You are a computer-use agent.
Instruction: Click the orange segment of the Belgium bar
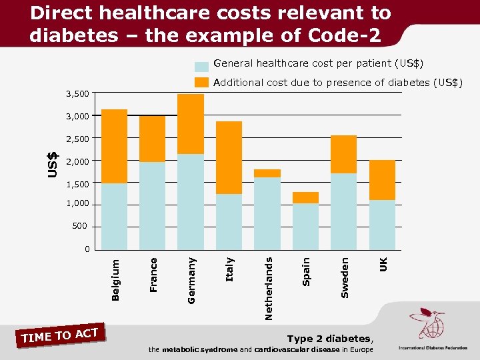click(x=115, y=146)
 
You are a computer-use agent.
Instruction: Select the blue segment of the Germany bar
click(x=191, y=201)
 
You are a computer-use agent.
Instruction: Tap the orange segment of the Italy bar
click(x=229, y=157)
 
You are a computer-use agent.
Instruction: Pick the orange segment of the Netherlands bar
click(x=267, y=173)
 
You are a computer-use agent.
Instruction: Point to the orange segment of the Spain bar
click(x=305, y=197)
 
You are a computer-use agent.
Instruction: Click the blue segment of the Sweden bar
click(x=344, y=211)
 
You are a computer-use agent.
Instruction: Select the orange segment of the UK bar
click(x=382, y=180)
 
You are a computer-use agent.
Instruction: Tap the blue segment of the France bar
click(x=153, y=205)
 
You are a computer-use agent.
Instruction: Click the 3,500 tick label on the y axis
click(x=77, y=93)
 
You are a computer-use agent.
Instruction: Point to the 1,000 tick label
click(x=77, y=205)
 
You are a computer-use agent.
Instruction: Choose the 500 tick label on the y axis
click(x=80, y=227)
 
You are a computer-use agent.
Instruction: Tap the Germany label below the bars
click(x=191, y=281)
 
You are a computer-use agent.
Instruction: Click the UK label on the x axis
click(x=383, y=264)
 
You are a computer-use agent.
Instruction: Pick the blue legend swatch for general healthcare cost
click(x=201, y=67)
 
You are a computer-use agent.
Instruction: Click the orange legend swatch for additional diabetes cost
click(x=201, y=83)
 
